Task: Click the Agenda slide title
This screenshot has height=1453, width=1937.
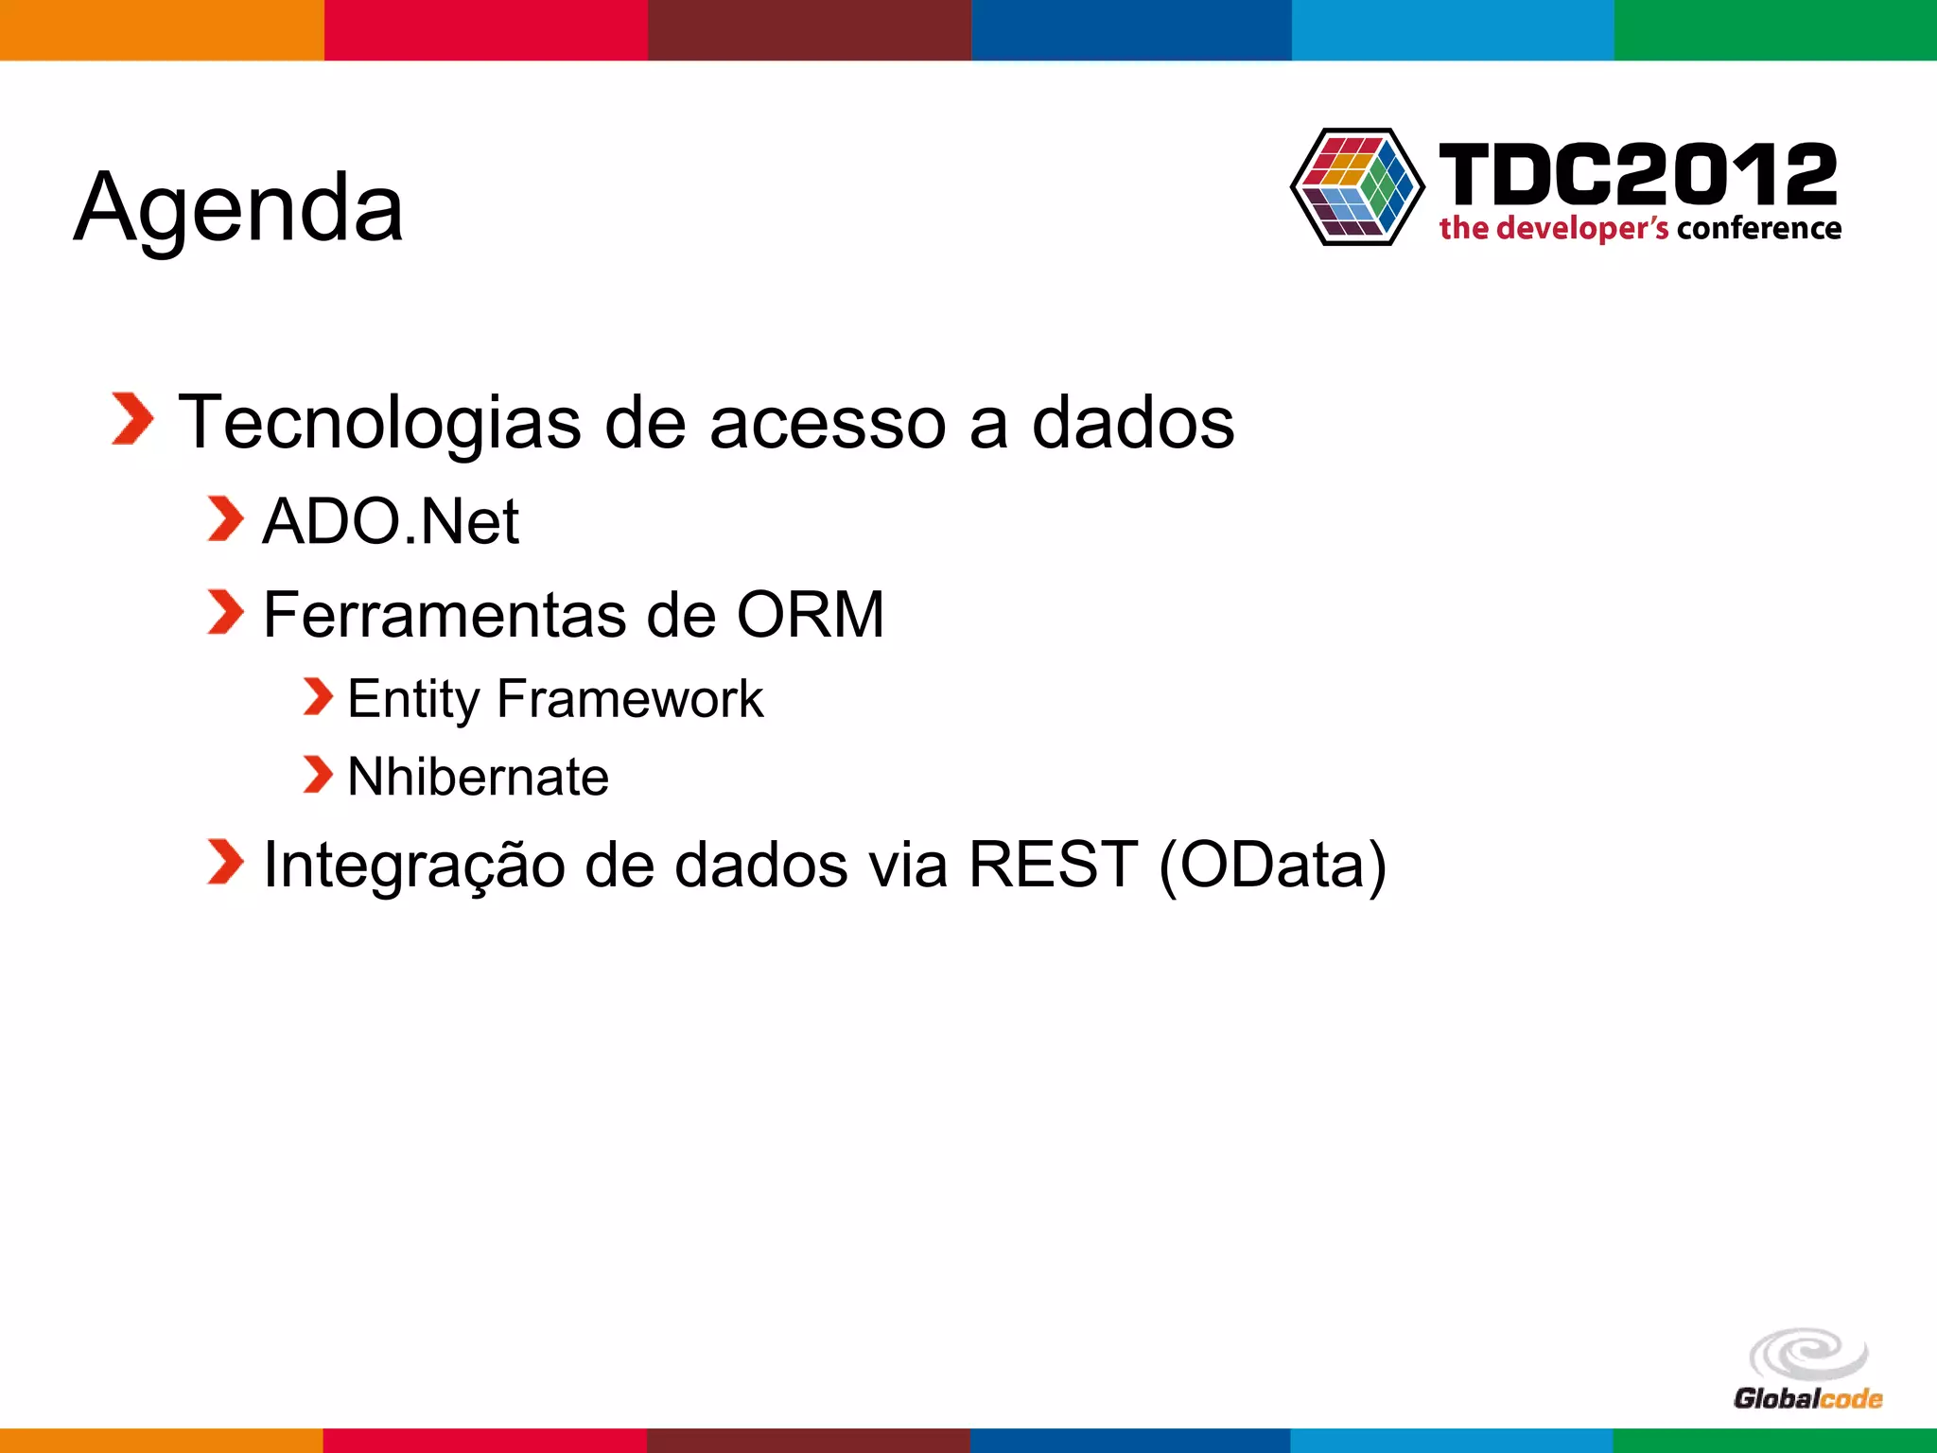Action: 238,207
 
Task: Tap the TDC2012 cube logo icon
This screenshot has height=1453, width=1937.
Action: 1356,187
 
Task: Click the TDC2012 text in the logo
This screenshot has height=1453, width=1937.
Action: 1637,174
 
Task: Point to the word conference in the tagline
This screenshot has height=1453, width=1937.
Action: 1758,229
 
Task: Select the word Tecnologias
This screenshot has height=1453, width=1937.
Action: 379,422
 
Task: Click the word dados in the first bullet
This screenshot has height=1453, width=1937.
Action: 1132,422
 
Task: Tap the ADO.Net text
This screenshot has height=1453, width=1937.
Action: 390,521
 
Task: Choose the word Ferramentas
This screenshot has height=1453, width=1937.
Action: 444,615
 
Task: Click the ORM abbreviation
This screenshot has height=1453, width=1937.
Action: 810,615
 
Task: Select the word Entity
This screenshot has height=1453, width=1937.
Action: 413,700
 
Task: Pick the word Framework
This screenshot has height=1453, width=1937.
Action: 629,699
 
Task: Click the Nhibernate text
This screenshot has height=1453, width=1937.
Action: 478,777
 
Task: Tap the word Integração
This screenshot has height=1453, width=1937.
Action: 413,865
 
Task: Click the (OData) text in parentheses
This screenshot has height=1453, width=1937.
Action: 1272,865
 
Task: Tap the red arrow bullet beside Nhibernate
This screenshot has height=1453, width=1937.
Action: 318,774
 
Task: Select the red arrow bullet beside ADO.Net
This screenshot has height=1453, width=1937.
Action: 225,519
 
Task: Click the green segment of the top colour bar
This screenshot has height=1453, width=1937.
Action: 1775,29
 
